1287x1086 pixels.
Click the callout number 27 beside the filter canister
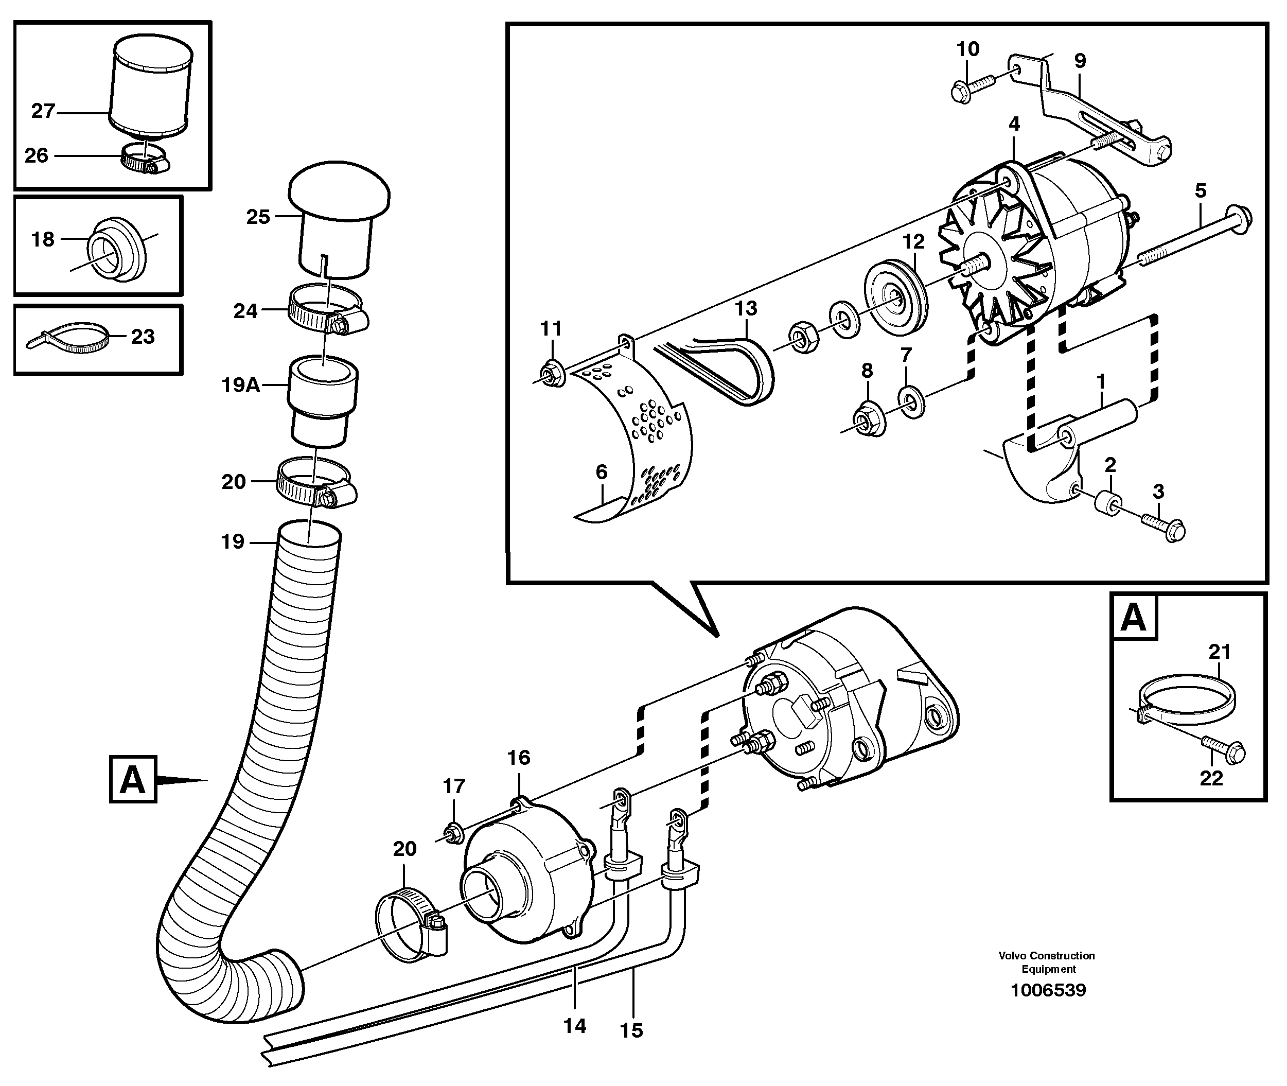pyautogui.click(x=43, y=112)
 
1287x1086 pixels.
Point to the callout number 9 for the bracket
pyautogui.click(x=1080, y=61)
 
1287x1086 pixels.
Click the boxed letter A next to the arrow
pyautogui.click(x=133, y=781)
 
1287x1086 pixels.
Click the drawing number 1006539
pyautogui.click(x=1048, y=991)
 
